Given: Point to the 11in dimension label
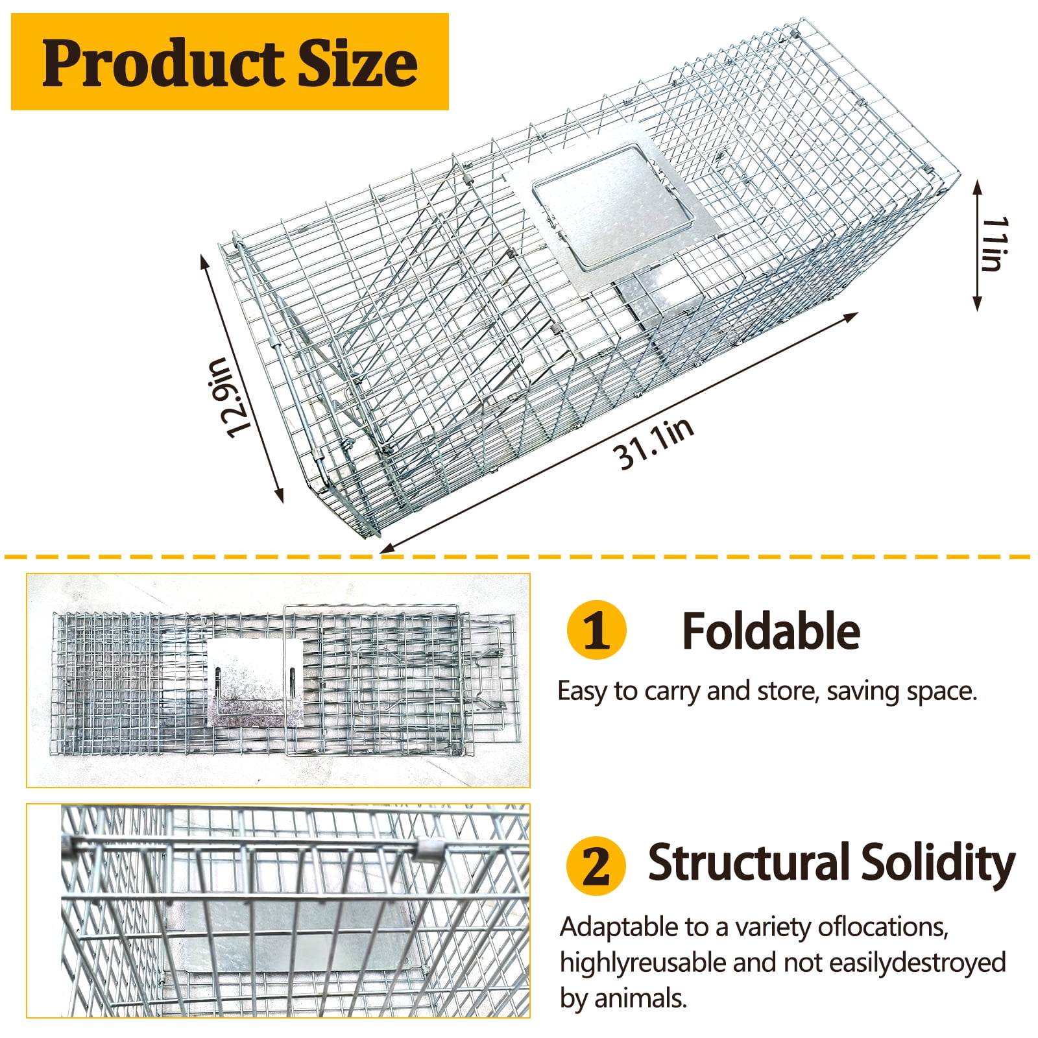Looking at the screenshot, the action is [995, 245].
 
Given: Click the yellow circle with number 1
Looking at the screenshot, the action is [596, 630].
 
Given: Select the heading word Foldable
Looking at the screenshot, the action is [771, 631].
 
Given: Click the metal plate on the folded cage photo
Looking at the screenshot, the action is [255, 682].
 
